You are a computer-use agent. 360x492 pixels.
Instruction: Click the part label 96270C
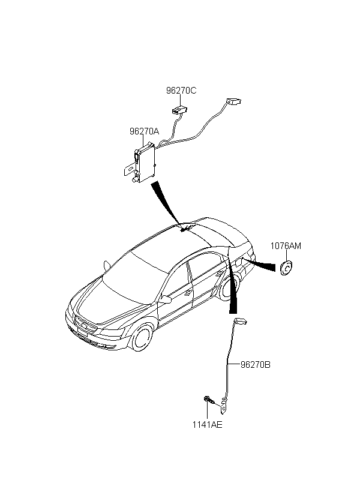point(181,91)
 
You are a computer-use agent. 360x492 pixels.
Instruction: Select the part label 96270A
point(144,131)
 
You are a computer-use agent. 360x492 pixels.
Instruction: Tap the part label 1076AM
point(286,245)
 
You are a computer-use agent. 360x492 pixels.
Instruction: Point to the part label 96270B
point(255,365)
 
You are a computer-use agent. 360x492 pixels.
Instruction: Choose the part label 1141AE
point(207,425)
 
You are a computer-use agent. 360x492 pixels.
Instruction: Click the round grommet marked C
point(286,268)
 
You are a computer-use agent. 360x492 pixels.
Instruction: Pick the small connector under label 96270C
point(179,110)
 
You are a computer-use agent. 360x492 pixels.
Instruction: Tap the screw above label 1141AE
point(209,400)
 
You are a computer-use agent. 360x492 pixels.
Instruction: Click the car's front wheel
point(143,338)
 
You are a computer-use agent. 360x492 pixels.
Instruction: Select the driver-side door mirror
point(166,299)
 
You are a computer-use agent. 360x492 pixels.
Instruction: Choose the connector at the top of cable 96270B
point(240,321)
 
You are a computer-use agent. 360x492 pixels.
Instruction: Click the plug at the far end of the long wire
point(233,101)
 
